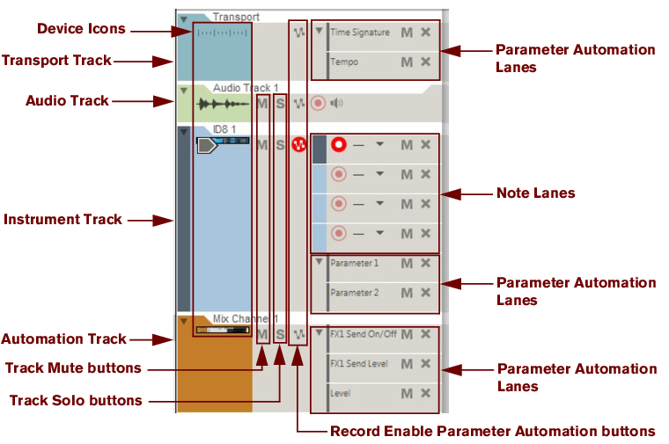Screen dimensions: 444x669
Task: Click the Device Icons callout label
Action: [x=81, y=29]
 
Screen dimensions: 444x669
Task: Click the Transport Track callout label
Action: [x=56, y=60]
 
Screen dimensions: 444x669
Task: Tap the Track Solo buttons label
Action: [x=76, y=400]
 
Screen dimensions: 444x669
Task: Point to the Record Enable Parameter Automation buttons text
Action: [x=492, y=431]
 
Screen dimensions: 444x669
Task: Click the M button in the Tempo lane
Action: [x=407, y=62]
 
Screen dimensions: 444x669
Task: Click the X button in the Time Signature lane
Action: [x=425, y=33]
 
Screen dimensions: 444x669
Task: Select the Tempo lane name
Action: [x=343, y=62]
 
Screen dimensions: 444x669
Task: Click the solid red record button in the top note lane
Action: [x=339, y=144]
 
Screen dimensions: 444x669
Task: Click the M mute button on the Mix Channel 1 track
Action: [x=262, y=334]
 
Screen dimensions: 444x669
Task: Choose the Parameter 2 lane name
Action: [x=354, y=293]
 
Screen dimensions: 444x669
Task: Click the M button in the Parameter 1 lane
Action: [x=407, y=263]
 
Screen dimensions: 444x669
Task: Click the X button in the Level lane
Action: [x=425, y=393]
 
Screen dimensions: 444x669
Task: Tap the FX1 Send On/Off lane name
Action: [x=364, y=334]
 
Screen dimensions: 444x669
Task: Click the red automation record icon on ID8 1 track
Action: [x=298, y=144]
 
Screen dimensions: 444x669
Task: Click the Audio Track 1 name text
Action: [x=245, y=88]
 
